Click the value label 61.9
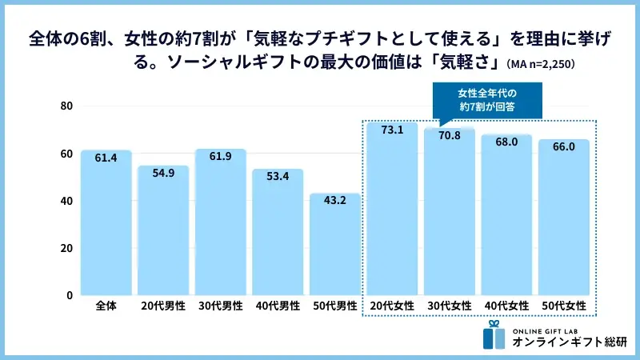(221, 156)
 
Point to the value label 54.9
(163, 173)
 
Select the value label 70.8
(449, 136)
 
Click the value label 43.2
(335, 201)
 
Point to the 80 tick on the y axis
(66, 106)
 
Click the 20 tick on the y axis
(66, 248)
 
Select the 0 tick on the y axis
(70, 295)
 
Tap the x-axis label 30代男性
(221, 306)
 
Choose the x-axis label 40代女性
(506, 306)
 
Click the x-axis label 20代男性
(163, 306)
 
